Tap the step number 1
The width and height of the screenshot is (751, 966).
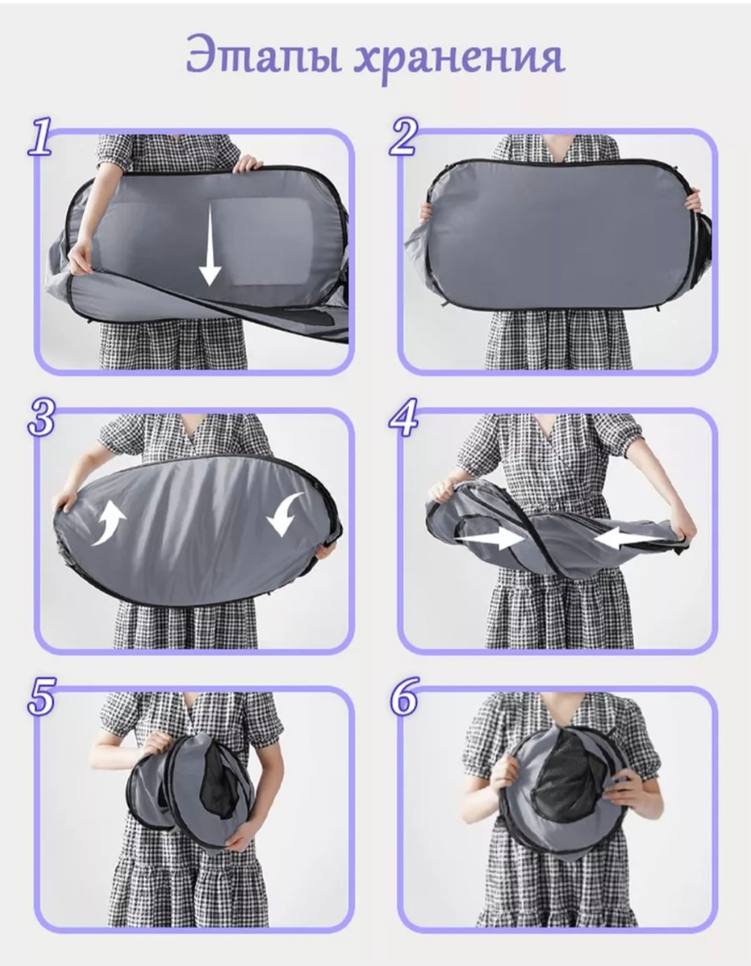pyautogui.click(x=40, y=137)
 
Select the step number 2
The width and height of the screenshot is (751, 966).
pyautogui.click(x=404, y=136)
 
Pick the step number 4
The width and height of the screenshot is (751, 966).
pyautogui.click(x=403, y=416)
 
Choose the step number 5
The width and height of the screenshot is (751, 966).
pyautogui.click(x=41, y=696)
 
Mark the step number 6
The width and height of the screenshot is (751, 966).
pyautogui.click(x=404, y=696)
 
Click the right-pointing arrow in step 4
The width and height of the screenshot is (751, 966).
pyautogui.click(x=490, y=539)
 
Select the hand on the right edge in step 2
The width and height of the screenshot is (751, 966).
pyautogui.click(x=693, y=201)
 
